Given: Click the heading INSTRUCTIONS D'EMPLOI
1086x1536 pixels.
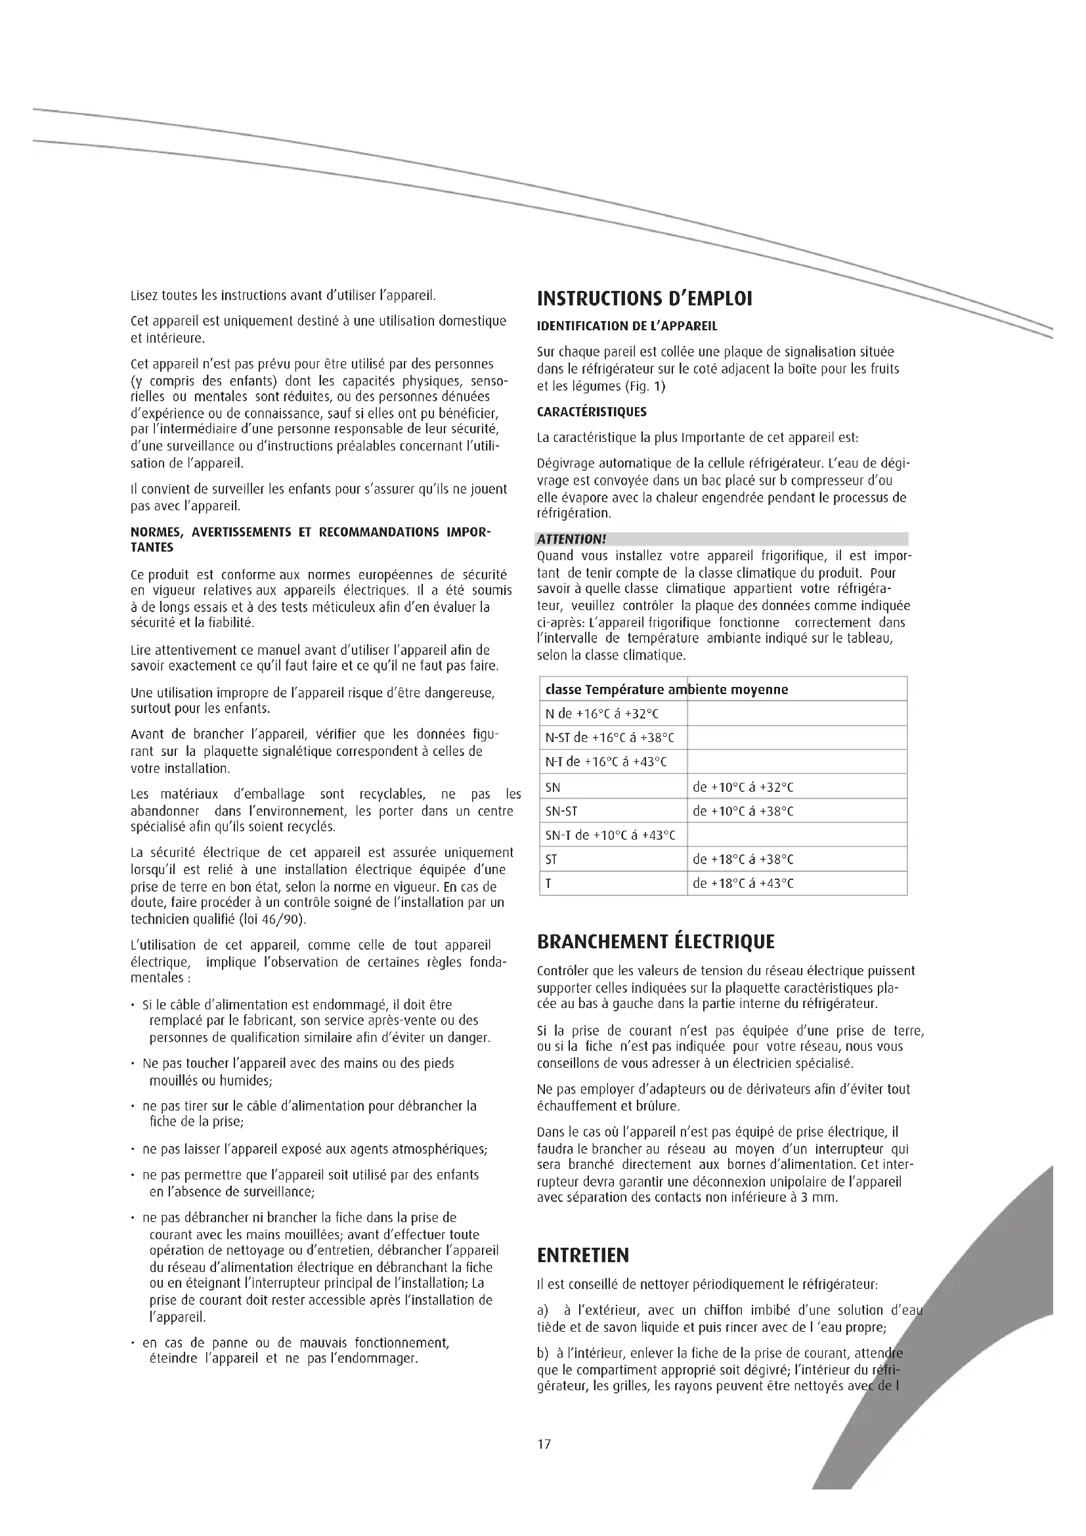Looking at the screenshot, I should point(645,298).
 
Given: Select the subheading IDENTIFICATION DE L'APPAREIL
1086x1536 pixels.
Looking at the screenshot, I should point(626,326).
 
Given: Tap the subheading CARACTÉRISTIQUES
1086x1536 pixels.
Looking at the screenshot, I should point(591,412).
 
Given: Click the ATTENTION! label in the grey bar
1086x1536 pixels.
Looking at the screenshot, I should point(572,539).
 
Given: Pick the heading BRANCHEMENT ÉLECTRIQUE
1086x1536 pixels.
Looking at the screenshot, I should point(655,942).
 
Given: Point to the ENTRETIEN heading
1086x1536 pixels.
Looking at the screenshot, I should point(583,1256).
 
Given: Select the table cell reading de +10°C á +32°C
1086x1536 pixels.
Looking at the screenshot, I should point(743,787).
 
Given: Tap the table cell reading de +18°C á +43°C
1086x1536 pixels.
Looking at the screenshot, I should point(743,883).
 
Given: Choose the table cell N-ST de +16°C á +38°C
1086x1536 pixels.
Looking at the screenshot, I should point(610,738).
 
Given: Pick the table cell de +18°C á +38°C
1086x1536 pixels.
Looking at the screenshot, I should point(743,859).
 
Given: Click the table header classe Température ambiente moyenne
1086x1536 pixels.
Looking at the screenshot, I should point(666,690).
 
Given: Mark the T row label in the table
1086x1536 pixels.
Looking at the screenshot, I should point(549,884).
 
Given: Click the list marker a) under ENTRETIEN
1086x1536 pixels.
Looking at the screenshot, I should point(542,1311).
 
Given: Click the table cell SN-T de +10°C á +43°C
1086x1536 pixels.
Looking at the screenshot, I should point(611,835).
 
